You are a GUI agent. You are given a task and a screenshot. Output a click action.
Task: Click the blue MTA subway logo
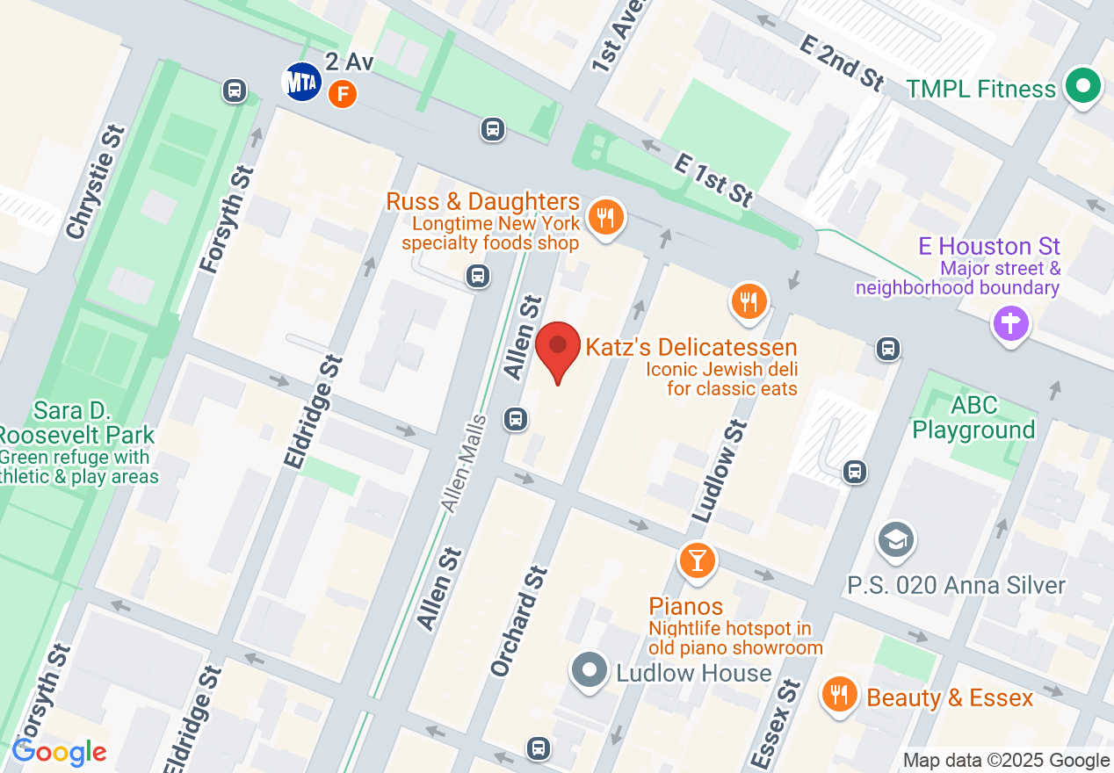[x=300, y=82]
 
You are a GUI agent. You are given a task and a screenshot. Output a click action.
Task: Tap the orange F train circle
[x=343, y=93]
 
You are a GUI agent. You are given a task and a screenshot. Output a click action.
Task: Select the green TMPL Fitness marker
[x=1083, y=87]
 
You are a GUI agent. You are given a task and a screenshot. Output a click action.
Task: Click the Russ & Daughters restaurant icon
[x=604, y=216]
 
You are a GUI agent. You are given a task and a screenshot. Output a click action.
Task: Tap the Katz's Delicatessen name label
[x=691, y=346]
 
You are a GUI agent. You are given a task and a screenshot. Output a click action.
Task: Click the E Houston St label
[x=989, y=246]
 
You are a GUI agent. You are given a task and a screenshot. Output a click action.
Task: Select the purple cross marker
[x=1010, y=323]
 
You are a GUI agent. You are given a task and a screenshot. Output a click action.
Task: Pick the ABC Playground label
[x=973, y=417]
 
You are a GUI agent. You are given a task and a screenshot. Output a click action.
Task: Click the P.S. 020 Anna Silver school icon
[x=895, y=538]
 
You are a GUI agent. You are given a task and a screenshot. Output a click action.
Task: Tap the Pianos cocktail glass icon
[x=698, y=560]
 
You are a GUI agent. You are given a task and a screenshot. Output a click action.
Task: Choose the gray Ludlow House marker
[x=590, y=670]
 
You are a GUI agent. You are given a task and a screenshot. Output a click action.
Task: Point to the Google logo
[x=59, y=752]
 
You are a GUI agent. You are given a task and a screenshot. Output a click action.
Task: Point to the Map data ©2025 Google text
[x=1006, y=761]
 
